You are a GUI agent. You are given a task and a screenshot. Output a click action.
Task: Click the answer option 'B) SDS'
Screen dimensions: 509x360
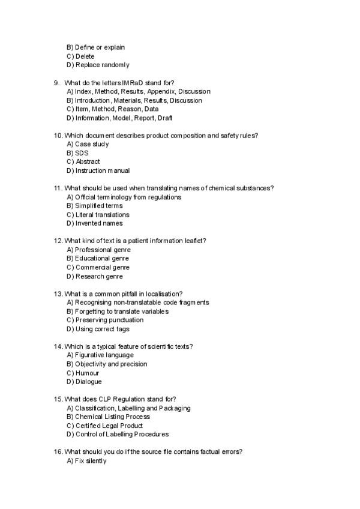click(x=77, y=153)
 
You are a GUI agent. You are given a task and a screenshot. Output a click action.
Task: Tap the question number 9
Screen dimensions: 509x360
click(x=56, y=83)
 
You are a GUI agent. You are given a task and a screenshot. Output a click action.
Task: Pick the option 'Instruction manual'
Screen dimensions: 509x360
click(x=98, y=170)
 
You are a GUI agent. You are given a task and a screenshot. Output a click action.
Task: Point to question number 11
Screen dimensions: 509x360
click(x=58, y=188)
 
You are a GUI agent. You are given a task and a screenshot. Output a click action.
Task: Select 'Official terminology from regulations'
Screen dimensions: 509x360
click(x=124, y=197)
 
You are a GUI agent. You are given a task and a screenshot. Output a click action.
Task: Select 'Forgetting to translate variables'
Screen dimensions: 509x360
click(x=118, y=312)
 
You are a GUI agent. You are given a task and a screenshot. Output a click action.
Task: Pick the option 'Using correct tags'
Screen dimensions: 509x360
click(x=98, y=329)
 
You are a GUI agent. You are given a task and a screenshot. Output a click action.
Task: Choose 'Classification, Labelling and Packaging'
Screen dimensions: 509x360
click(x=128, y=408)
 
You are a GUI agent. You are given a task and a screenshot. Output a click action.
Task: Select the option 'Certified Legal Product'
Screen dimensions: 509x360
click(x=104, y=426)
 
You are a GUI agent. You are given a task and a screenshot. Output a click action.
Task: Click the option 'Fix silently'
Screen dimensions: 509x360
click(x=86, y=461)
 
